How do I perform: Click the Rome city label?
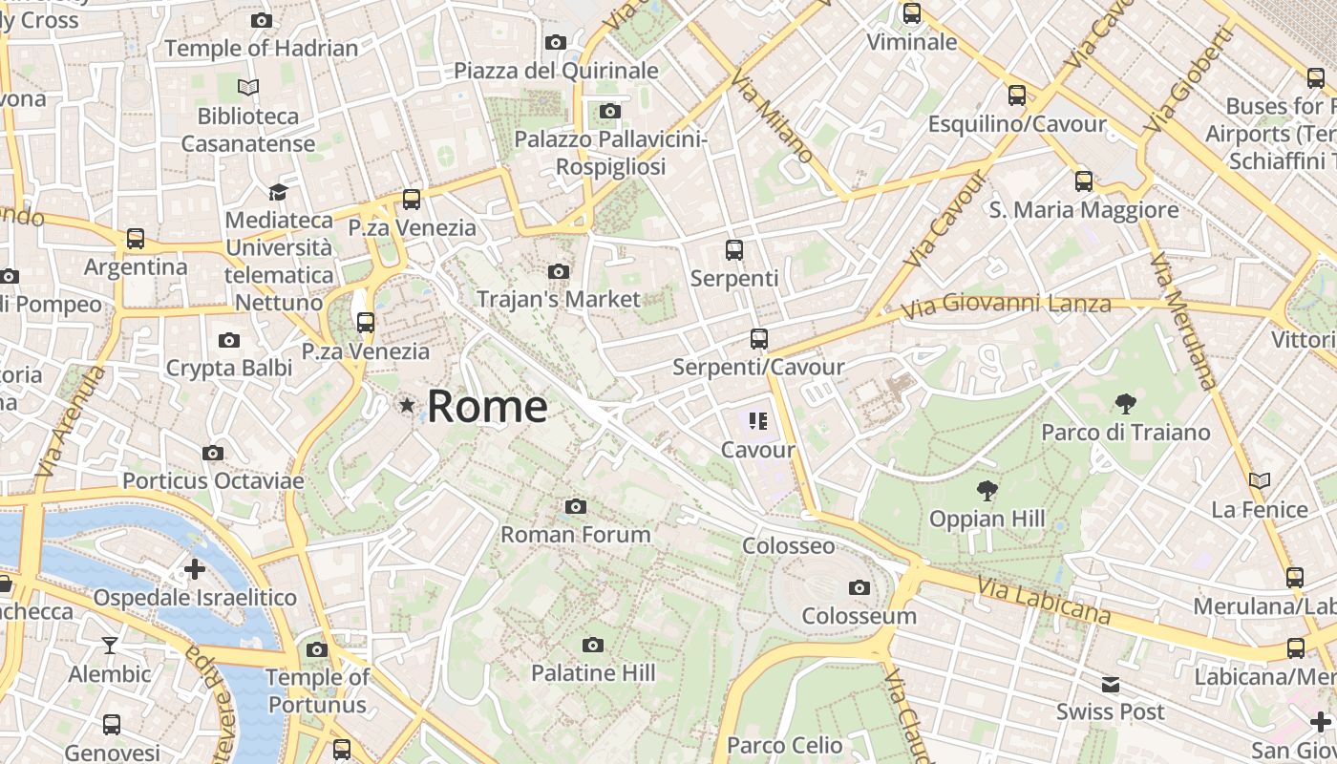pos(487,407)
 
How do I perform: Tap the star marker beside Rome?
pos(408,406)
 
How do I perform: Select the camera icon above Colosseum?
pos(859,588)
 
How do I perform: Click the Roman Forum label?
pos(576,534)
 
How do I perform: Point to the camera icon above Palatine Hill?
pos(593,645)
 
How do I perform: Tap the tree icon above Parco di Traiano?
pos(1126,404)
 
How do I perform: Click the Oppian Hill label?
pos(987,520)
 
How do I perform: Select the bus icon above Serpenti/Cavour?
pos(759,339)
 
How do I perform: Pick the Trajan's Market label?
pos(559,299)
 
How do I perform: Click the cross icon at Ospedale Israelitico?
pos(195,570)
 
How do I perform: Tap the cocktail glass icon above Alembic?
pos(110,646)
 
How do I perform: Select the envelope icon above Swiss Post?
pos(1111,685)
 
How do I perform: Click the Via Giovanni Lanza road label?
pos(1008,306)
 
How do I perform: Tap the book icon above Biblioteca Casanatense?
pos(248,88)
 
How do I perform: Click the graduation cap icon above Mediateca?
pos(278,192)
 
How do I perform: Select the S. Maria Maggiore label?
pos(1084,210)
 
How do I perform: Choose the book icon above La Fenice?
pos(1260,480)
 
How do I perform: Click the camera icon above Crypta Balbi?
pos(229,341)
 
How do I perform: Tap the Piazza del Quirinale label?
pos(556,71)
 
